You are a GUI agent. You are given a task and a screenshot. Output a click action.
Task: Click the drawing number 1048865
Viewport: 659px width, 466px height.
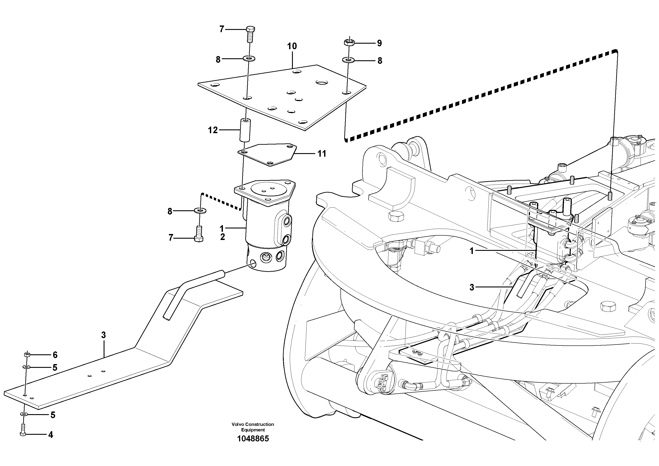tap(253, 439)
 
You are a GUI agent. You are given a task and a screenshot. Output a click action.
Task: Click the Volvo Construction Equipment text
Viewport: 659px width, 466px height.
tap(253, 427)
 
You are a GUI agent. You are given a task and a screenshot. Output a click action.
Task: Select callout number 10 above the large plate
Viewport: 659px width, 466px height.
tap(292, 46)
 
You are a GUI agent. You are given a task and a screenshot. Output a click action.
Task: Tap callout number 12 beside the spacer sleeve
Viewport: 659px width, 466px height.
tap(213, 131)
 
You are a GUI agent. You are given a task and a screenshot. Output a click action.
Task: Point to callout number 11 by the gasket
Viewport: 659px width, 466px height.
tap(322, 154)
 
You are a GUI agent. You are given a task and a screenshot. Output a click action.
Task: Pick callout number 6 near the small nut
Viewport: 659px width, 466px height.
tap(55, 355)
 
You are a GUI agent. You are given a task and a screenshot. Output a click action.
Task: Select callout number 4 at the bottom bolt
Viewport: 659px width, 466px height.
tap(50, 435)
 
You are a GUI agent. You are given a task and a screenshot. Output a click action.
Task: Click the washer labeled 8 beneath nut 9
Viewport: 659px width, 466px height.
tap(348, 60)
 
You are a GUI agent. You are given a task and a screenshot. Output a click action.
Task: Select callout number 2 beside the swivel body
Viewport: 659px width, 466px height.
tap(222, 237)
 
